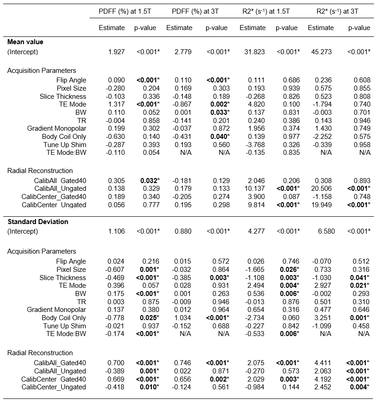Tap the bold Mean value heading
coord(25,42)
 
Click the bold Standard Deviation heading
coord(38,222)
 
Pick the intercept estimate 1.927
coord(116,52)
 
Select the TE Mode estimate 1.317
coord(116,104)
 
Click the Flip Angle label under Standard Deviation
coord(71,261)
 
